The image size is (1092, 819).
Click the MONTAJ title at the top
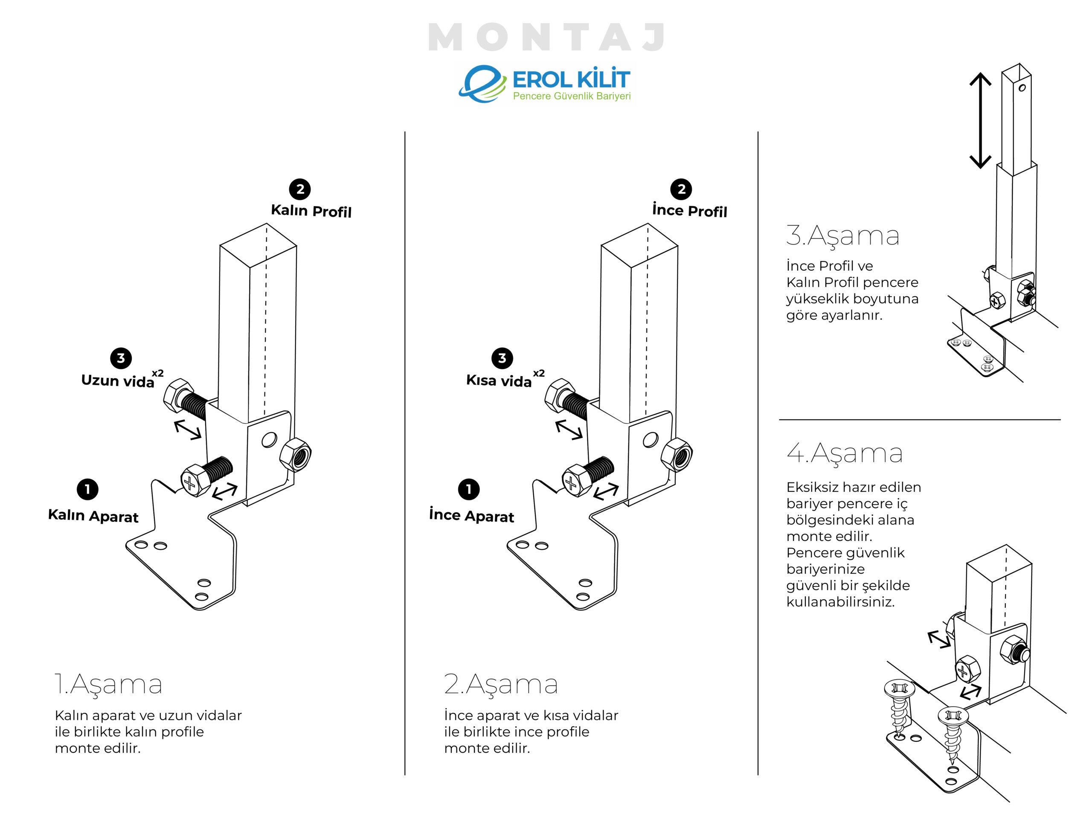coord(547,37)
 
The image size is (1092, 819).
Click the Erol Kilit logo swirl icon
coord(482,84)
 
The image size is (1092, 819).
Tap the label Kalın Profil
coord(311,211)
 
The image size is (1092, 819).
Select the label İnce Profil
coord(690,210)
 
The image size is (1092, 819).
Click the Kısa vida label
coord(499,380)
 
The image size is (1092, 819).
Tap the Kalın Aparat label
coord(93,515)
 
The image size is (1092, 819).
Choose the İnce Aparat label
coord(471,515)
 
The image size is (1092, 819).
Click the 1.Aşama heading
coord(108,684)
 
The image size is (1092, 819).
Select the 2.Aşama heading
coord(501,684)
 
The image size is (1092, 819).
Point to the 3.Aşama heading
coord(843,235)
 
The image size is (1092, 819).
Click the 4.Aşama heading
coord(845,453)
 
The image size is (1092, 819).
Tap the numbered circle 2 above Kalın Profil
coord(300,189)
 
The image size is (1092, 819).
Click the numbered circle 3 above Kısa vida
coord(502,358)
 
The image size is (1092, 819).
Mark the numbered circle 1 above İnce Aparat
coord(469,489)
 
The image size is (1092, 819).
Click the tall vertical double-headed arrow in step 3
coord(980,121)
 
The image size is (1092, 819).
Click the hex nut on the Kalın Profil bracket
coord(295,454)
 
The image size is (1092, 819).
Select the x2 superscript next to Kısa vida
coord(539,373)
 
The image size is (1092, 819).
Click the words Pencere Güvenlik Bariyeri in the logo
coord(572,96)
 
